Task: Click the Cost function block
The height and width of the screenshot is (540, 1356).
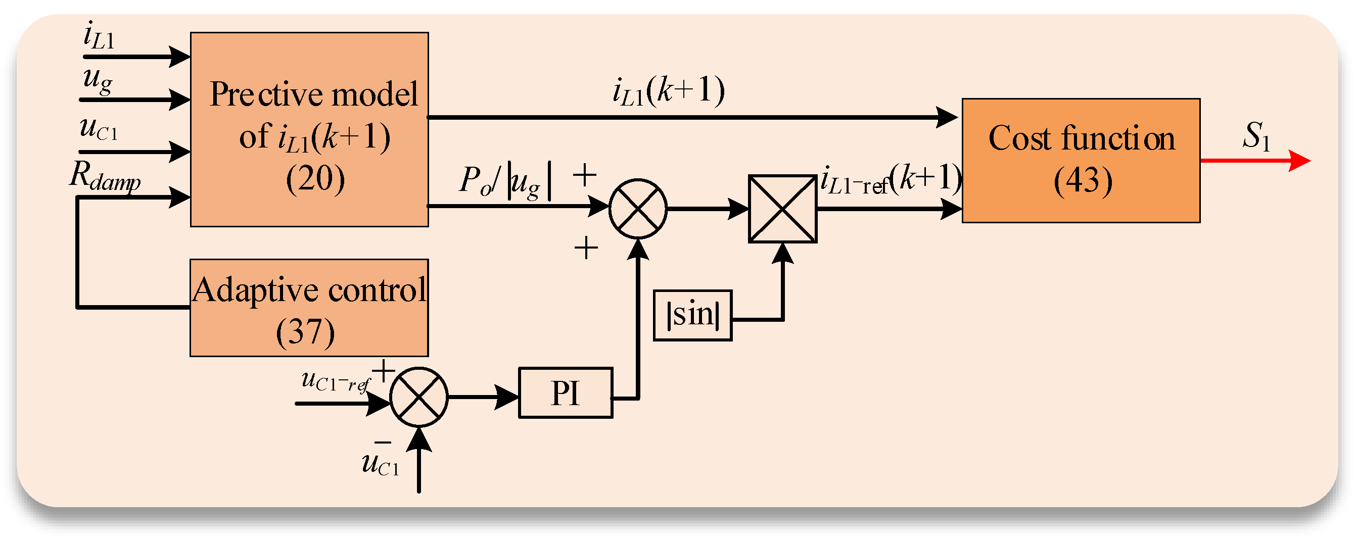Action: coord(1081,161)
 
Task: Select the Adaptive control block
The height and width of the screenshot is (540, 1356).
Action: coord(309,308)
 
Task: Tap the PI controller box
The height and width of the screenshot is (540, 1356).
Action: coord(566,392)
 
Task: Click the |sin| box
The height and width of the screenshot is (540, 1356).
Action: coord(692,315)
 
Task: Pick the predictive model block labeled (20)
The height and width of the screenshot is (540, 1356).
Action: coord(309,129)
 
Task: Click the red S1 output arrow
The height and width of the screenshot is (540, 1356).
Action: coord(1255,160)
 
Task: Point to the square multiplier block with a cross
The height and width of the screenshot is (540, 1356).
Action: coord(782,209)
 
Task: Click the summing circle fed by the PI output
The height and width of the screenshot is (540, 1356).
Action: coord(637,209)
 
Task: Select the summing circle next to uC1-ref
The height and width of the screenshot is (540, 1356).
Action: coord(418,397)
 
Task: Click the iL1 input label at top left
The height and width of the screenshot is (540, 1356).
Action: coord(99,35)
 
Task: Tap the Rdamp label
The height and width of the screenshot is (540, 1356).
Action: coord(105,175)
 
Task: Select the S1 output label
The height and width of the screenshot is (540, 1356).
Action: coord(1256,136)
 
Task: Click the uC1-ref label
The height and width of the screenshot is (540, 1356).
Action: coord(336,381)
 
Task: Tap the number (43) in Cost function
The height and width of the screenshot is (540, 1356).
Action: coord(1083,181)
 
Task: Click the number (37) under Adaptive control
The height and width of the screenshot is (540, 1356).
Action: coord(305,332)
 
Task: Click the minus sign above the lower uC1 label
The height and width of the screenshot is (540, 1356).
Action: coord(382,441)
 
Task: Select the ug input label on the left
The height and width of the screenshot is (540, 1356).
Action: coord(98,80)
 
